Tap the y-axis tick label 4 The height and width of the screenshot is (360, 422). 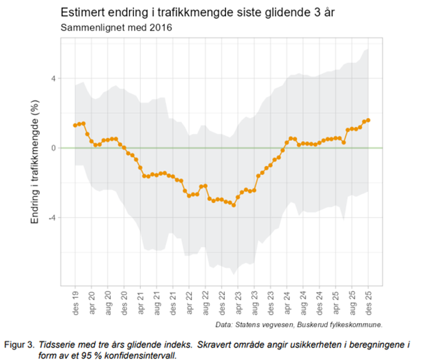[52, 78]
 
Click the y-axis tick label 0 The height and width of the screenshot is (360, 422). [52, 148]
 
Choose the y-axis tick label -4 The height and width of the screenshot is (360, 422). [51, 218]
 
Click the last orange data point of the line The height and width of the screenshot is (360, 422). [368, 120]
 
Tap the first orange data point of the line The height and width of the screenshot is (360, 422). [75, 126]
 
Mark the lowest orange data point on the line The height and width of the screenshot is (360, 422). [234, 205]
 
